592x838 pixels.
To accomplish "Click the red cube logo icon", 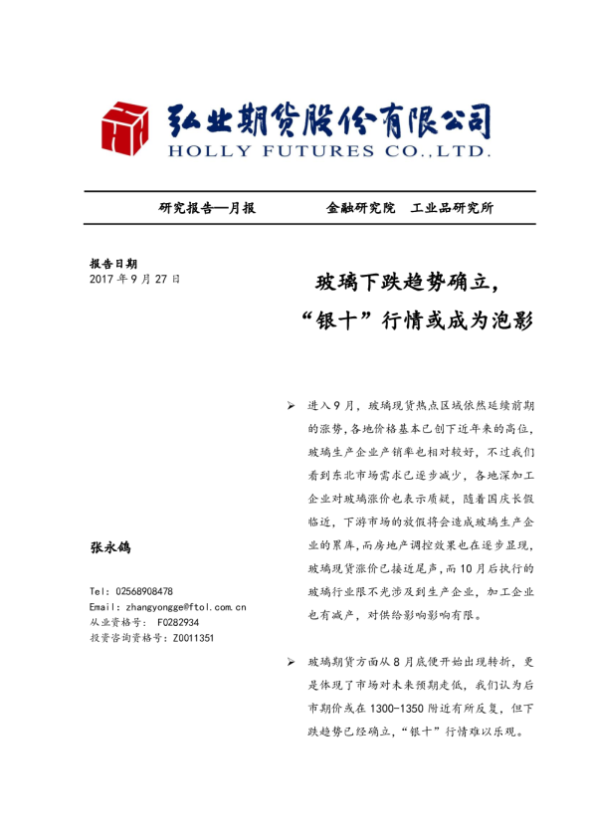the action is (x=127, y=128).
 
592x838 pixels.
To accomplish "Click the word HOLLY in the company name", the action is (x=202, y=151).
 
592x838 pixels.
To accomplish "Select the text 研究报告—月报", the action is (x=207, y=208).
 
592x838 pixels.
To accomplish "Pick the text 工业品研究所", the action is (x=452, y=208).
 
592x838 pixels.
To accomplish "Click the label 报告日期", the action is (x=113, y=264).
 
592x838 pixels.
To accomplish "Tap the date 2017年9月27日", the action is (x=135, y=280).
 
